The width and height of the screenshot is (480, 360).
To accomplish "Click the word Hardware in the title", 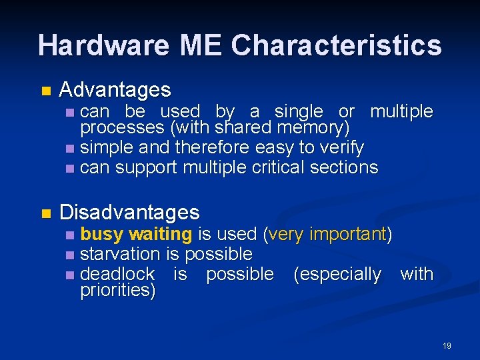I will (103, 45).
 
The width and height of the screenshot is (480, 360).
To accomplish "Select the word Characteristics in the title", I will (337, 45).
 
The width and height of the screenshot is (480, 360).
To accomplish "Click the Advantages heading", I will (115, 89).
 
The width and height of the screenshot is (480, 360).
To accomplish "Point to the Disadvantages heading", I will (129, 212).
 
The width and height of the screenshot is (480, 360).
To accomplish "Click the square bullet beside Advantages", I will (45, 91).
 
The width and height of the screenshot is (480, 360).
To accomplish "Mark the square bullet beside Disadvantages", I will (45, 213).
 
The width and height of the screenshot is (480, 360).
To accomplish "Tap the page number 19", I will (447, 345).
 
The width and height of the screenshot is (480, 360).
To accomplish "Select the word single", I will (299, 111).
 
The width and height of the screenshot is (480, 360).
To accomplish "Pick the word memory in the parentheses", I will (312, 127).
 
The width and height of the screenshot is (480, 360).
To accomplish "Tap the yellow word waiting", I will (160, 234).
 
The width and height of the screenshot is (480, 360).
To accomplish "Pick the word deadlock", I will (117, 274).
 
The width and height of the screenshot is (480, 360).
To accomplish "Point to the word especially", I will (337, 274).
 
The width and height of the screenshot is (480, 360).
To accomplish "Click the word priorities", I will (117, 290).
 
